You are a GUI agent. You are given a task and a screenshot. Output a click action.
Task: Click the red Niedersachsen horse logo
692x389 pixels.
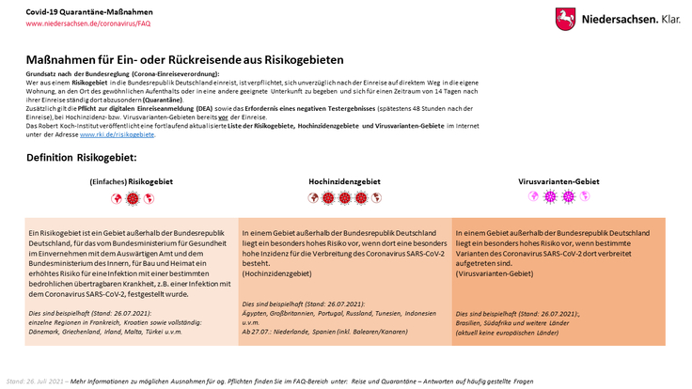[565, 18]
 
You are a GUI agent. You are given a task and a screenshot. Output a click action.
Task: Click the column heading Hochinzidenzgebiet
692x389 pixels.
[344, 180]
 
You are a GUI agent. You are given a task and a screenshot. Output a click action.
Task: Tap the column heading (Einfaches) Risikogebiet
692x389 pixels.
[131, 180]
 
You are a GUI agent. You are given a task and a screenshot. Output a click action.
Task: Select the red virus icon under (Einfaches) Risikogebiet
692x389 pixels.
[132, 198]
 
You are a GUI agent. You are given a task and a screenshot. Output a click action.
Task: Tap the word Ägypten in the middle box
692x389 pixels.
[257, 312]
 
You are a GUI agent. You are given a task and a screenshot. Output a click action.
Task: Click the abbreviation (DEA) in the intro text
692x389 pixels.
[176, 109]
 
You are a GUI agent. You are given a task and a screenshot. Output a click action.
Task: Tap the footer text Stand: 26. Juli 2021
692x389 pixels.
[36, 381]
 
